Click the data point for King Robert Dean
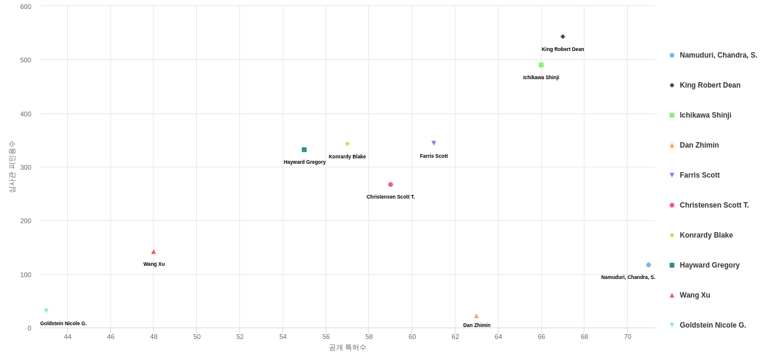563,37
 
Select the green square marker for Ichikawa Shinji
541,65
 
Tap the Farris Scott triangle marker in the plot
434,143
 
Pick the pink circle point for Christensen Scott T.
391,185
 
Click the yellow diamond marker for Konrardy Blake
347,144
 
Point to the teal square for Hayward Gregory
304,150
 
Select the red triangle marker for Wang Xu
154,252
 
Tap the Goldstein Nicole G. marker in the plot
46,311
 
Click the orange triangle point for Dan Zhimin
476,316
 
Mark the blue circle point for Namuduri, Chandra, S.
649,265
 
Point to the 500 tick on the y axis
26,60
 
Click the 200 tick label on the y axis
26,221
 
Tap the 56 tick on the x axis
326,337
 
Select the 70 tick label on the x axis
628,337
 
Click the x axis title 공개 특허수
347,347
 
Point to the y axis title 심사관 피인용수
12,167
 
